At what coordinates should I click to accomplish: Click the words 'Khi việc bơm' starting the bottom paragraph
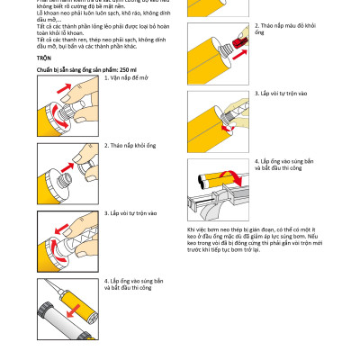click(202, 230)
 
